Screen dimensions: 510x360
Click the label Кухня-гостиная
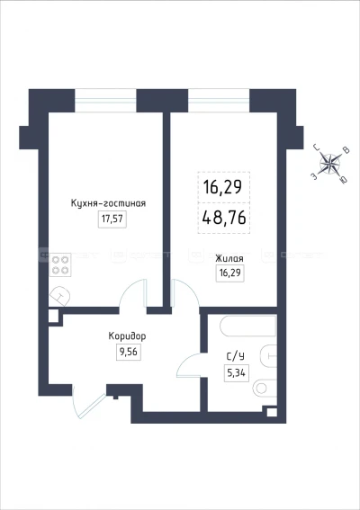[107, 203]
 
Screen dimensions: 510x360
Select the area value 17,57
[109, 219]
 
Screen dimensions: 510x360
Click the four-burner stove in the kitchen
[61, 265]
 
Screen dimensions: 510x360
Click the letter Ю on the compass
[346, 179]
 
